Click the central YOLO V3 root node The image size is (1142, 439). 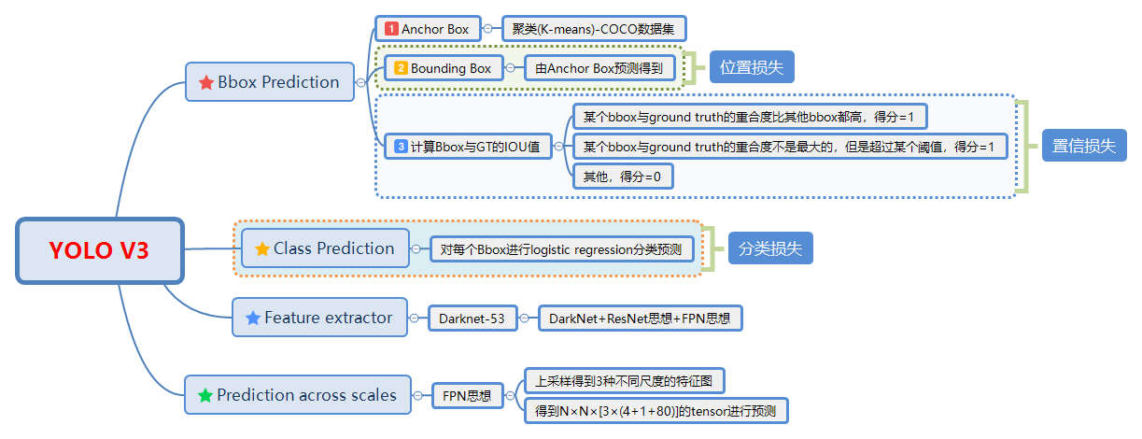100,250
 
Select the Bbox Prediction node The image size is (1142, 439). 270,82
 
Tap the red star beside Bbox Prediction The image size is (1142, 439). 206,82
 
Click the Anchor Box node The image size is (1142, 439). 428,29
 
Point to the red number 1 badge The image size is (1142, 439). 391,29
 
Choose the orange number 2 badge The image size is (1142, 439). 401,68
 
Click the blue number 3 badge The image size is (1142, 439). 401,146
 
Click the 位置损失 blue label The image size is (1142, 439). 752,67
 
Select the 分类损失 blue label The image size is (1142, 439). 770,248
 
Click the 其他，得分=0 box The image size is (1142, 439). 622,176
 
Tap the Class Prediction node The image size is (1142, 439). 325,248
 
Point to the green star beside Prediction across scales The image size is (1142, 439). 204,395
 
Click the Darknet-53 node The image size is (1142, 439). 472,319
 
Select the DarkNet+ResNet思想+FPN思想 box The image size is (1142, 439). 640,319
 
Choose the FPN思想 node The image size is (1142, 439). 467,395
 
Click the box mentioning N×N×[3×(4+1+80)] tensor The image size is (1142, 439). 656,410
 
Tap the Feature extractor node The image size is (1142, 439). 319,318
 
